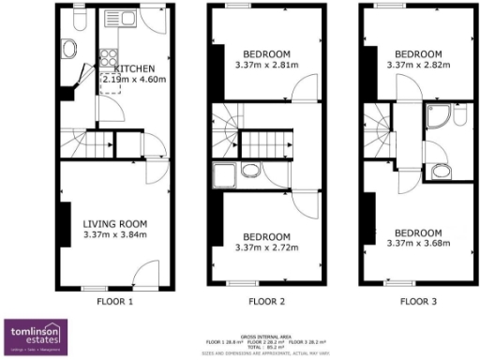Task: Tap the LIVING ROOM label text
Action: [x=114, y=223]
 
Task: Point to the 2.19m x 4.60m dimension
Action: [x=134, y=82]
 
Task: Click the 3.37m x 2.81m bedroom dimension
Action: [x=266, y=65]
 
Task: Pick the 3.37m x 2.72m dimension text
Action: [x=266, y=247]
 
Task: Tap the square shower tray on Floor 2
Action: [x=224, y=175]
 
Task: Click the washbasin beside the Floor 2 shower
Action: [x=249, y=171]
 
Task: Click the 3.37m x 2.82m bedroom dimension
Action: [x=417, y=65]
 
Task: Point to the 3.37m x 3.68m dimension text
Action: [x=417, y=244]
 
